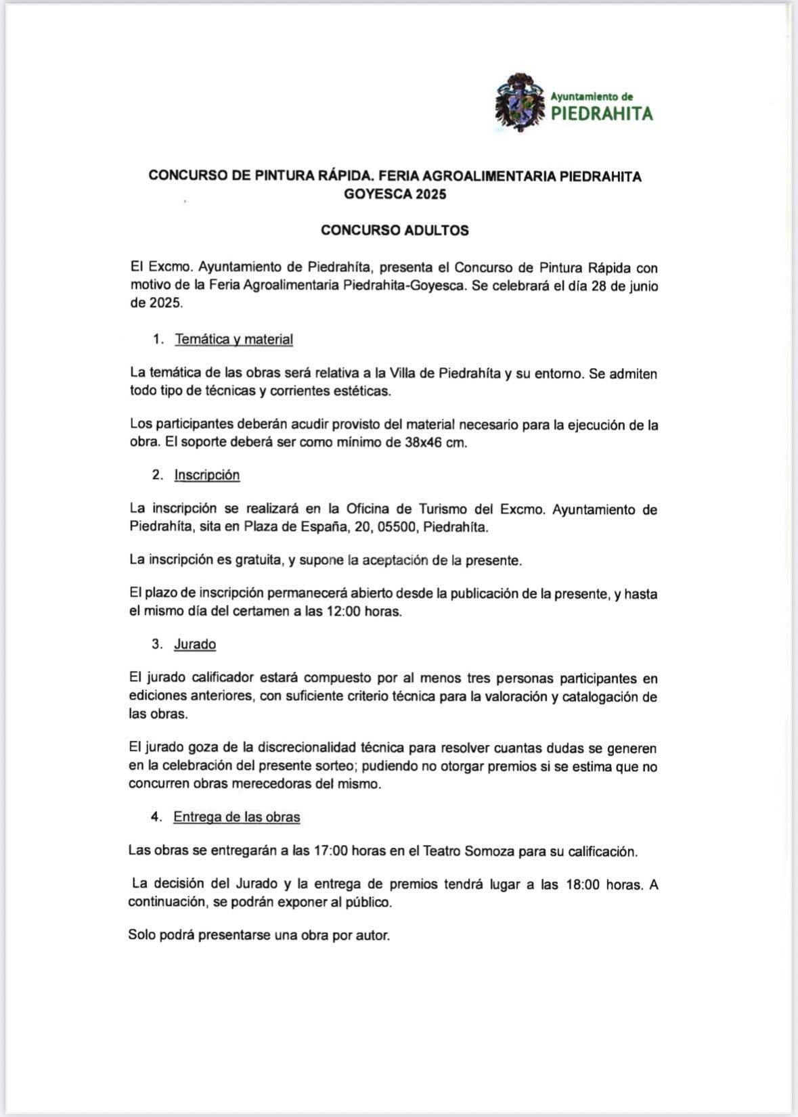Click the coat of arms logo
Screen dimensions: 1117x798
(x=520, y=102)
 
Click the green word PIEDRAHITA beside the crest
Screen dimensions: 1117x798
(x=602, y=113)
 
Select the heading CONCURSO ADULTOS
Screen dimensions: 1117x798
(x=395, y=230)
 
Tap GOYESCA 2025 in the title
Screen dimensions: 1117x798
(x=395, y=194)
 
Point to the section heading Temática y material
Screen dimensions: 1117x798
(x=234, y=340)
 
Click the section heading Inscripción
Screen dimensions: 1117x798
(x=206, y=475)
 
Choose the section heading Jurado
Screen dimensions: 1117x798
(x=195, y=644)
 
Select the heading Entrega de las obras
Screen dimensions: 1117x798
(x=236, y=817)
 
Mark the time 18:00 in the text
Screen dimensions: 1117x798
(x=582, y=885)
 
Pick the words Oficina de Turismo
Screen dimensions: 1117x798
(x=405, y=509)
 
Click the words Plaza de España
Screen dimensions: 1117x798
(x=292, y=527)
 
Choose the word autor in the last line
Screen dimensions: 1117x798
(x=372, y=936)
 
